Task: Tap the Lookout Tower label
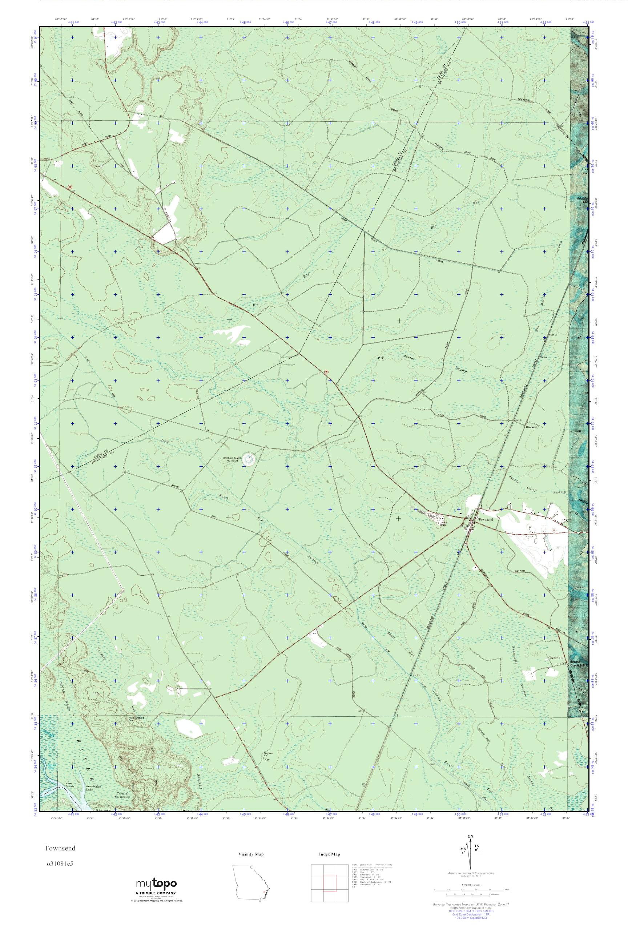click(x=442, y=523)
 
